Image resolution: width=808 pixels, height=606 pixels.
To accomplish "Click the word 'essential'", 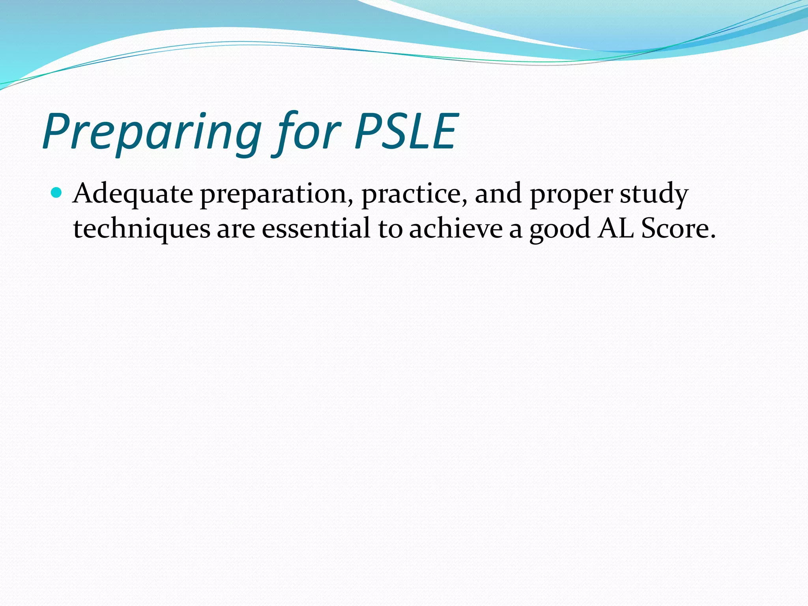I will (316, 229).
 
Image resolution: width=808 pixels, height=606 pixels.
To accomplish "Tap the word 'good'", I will (560, 230).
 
